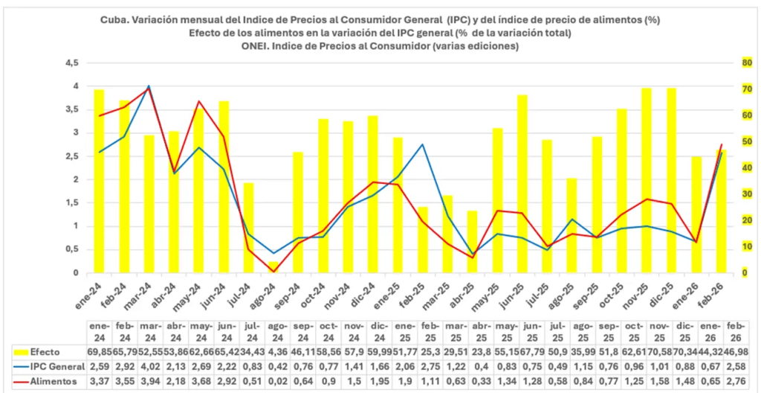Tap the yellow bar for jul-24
[x=249, y=227]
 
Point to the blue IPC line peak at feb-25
[x=422, y=144]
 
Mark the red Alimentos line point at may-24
[x=198, y=101]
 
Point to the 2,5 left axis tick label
[x=73, y=156]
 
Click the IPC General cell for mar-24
[x=150, y=366]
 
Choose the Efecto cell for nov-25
[x=658, y=351]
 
